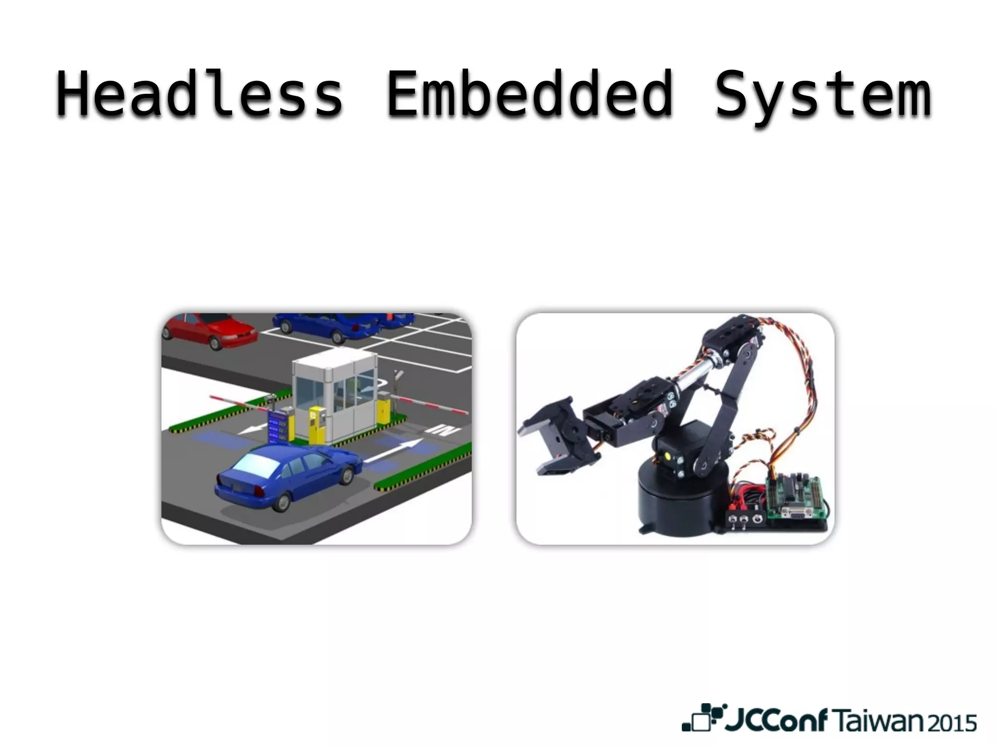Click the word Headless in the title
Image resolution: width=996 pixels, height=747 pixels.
[x=199, y=95]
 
